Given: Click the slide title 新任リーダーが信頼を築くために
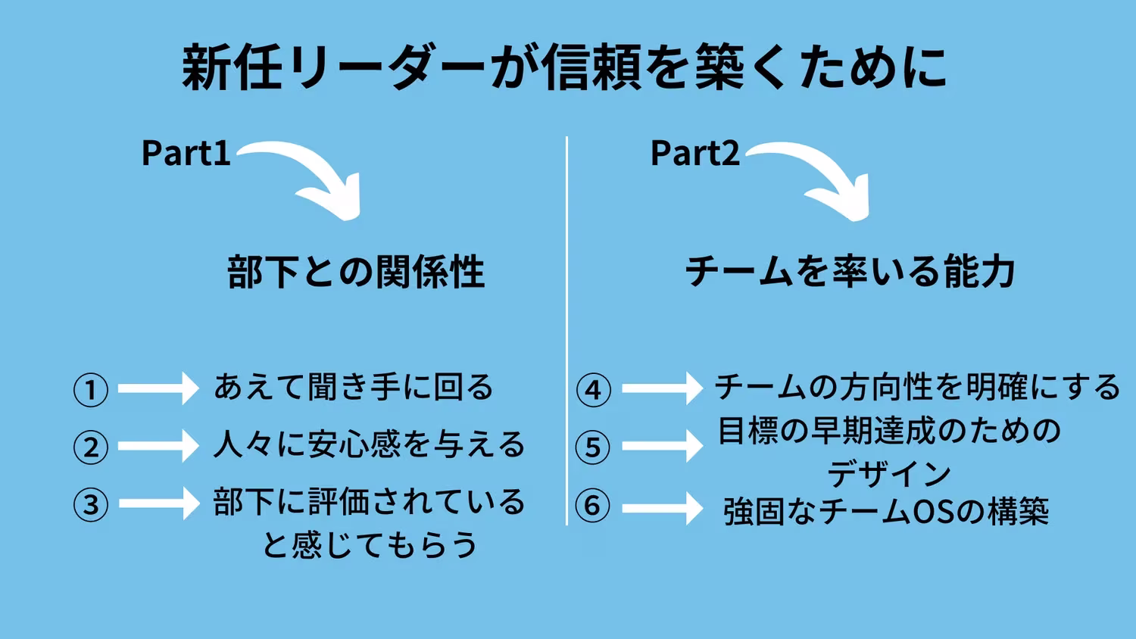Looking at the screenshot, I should point(564,68).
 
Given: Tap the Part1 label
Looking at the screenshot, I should point(186,153).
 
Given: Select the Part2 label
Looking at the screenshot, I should point(694,153).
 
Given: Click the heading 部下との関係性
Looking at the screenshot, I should point(356,272).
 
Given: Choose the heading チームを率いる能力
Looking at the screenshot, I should point(850,271).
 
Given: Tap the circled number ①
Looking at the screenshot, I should point(91,390).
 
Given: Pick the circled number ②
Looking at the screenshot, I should point(91,447).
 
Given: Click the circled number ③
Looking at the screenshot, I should point(91,504).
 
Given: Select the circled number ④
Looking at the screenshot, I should point(593,390).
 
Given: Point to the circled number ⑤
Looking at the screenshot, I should point(593,447).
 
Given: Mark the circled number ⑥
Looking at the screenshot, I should point(593,506).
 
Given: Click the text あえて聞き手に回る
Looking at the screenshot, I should point(354,387).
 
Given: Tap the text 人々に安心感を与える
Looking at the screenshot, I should point(369,444).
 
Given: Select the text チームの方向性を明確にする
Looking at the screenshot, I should point(917,387).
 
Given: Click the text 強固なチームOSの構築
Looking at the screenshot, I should point(886,512).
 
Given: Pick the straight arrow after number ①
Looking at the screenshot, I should point(158,388).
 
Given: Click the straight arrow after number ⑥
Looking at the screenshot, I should point(662,509).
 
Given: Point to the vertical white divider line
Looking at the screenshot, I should point(566,330).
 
